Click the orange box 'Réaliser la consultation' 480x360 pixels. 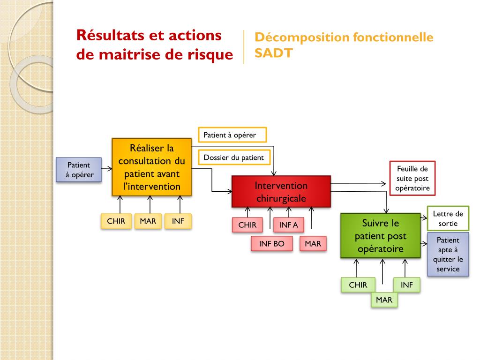click(x=152, y=167)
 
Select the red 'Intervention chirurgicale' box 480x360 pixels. click(x=281, y=191)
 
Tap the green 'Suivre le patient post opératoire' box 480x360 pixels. click(x=380, y=236)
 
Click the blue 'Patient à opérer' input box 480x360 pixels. click(x=79, y=170)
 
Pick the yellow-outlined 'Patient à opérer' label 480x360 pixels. click(x=232, y=135)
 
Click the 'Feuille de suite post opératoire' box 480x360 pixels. click(x=412, y=179)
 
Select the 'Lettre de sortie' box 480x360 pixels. click(x=448, y=218)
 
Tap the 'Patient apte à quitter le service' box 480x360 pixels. click(x=448, y=255)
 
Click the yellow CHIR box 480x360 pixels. click(x=116, y=221)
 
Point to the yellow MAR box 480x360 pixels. click(x=148, y=221)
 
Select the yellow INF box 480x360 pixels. click(x=178, y=221)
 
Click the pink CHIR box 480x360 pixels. click(x=247, y=225)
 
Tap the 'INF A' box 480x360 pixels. click(x=289, y=225)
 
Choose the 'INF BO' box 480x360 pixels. click(x=272, y=244)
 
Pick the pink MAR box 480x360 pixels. click(x=313, y=244)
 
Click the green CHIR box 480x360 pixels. click(x=358, y=285)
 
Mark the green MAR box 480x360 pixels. click(x=384, y=300)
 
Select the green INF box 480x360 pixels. click(x=407, y=285)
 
